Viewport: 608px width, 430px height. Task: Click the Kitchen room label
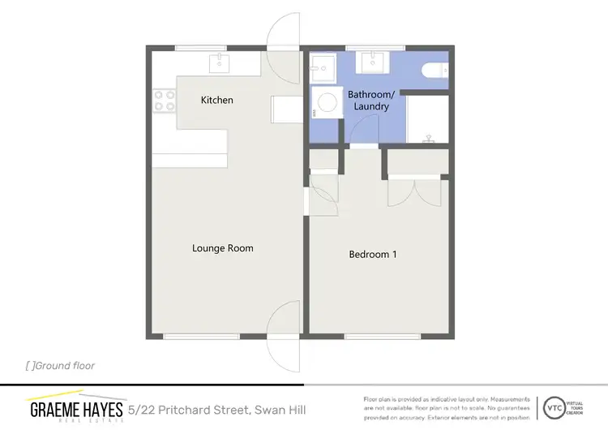[217, 100]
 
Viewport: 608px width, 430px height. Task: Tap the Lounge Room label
[223, 248]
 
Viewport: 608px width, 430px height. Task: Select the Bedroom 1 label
[373, 254]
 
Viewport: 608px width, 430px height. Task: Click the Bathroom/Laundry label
[369, 101]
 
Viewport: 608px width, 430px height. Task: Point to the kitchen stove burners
[165, 100]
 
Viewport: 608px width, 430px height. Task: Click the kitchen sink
[219, 62]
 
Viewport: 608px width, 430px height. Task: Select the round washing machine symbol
[328, 103]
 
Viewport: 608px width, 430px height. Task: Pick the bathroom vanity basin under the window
[374, 62]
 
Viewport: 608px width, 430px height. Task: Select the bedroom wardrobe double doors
[417, 194]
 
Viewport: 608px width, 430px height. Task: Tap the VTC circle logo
[554, 406]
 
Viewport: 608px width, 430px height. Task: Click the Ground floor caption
[61, 366]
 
